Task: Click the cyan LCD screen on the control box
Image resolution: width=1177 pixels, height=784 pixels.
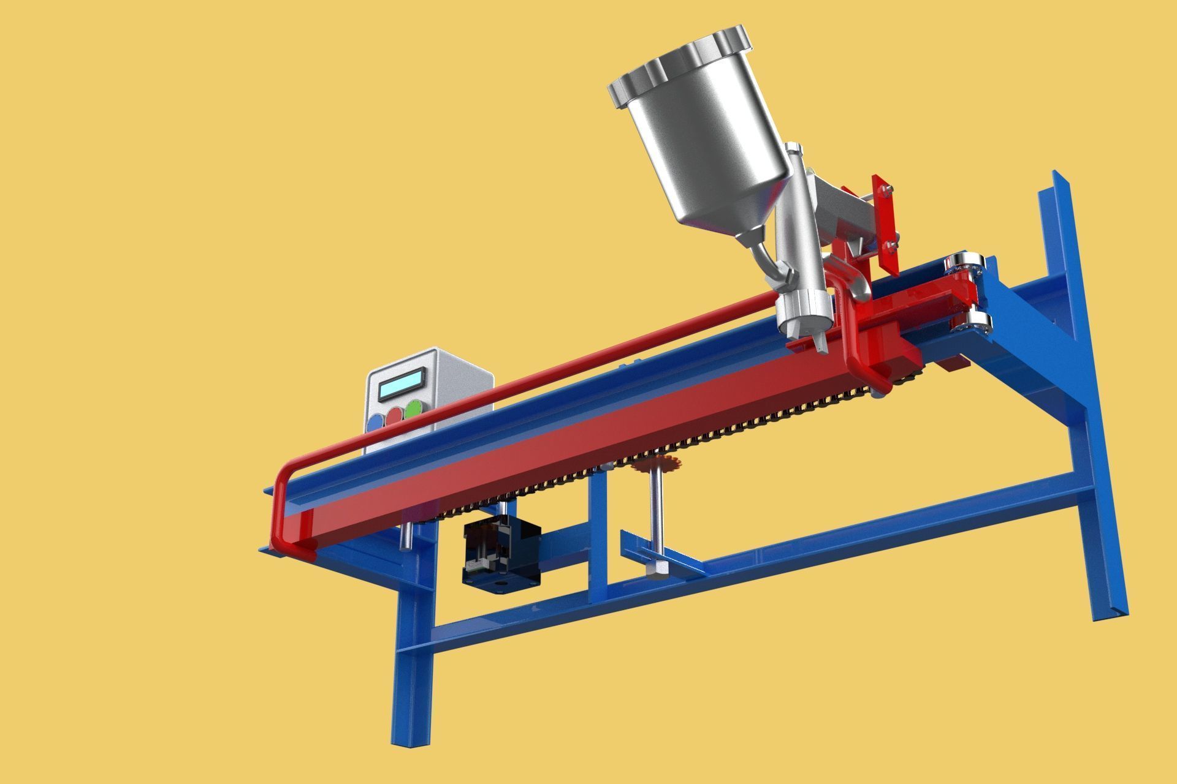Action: (402, 383)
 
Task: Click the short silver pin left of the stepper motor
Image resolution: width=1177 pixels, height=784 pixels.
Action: (405, 536)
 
